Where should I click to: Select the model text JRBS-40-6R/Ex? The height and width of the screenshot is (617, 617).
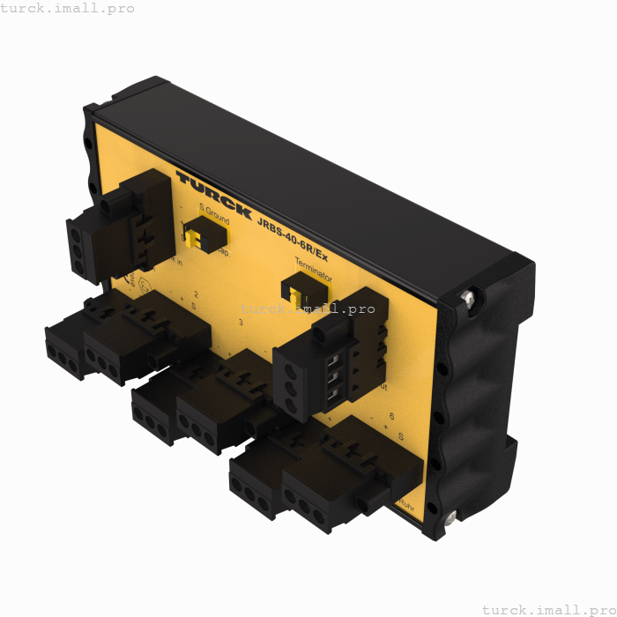(292, 238)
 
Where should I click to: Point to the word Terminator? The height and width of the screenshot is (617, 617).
(313, 268)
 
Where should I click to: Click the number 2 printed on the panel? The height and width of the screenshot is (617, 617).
(196, 294)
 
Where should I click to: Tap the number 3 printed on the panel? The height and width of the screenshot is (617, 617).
(242, 323)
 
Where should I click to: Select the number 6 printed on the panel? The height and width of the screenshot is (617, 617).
(391, 415)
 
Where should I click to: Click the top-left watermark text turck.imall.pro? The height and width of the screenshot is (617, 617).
(68, 8)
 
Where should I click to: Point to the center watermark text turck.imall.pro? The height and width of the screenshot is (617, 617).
(308, 308)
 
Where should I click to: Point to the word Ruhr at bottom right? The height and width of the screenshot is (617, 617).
(406, 505)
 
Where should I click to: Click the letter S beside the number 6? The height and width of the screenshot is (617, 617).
(400, 437)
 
